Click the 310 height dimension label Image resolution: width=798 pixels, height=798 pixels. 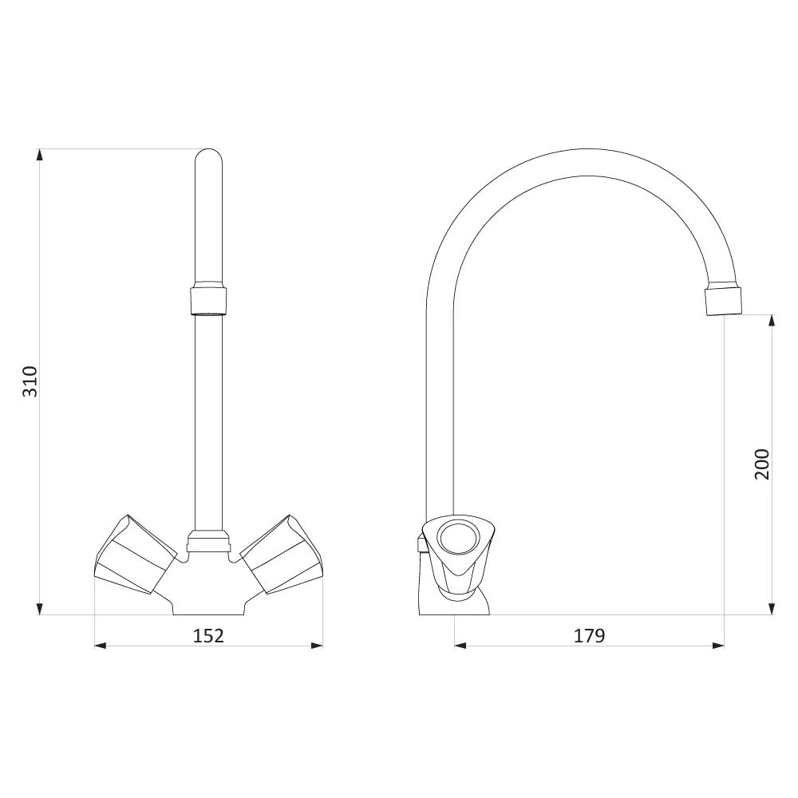point(30,381)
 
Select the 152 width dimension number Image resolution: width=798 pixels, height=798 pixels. point(208,636)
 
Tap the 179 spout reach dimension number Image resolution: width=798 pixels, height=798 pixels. point(590,636)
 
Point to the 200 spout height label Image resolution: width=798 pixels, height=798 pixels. point(762,464)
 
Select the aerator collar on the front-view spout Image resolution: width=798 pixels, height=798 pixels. point(208,300)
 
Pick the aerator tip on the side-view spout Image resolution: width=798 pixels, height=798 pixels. point(723,302)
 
